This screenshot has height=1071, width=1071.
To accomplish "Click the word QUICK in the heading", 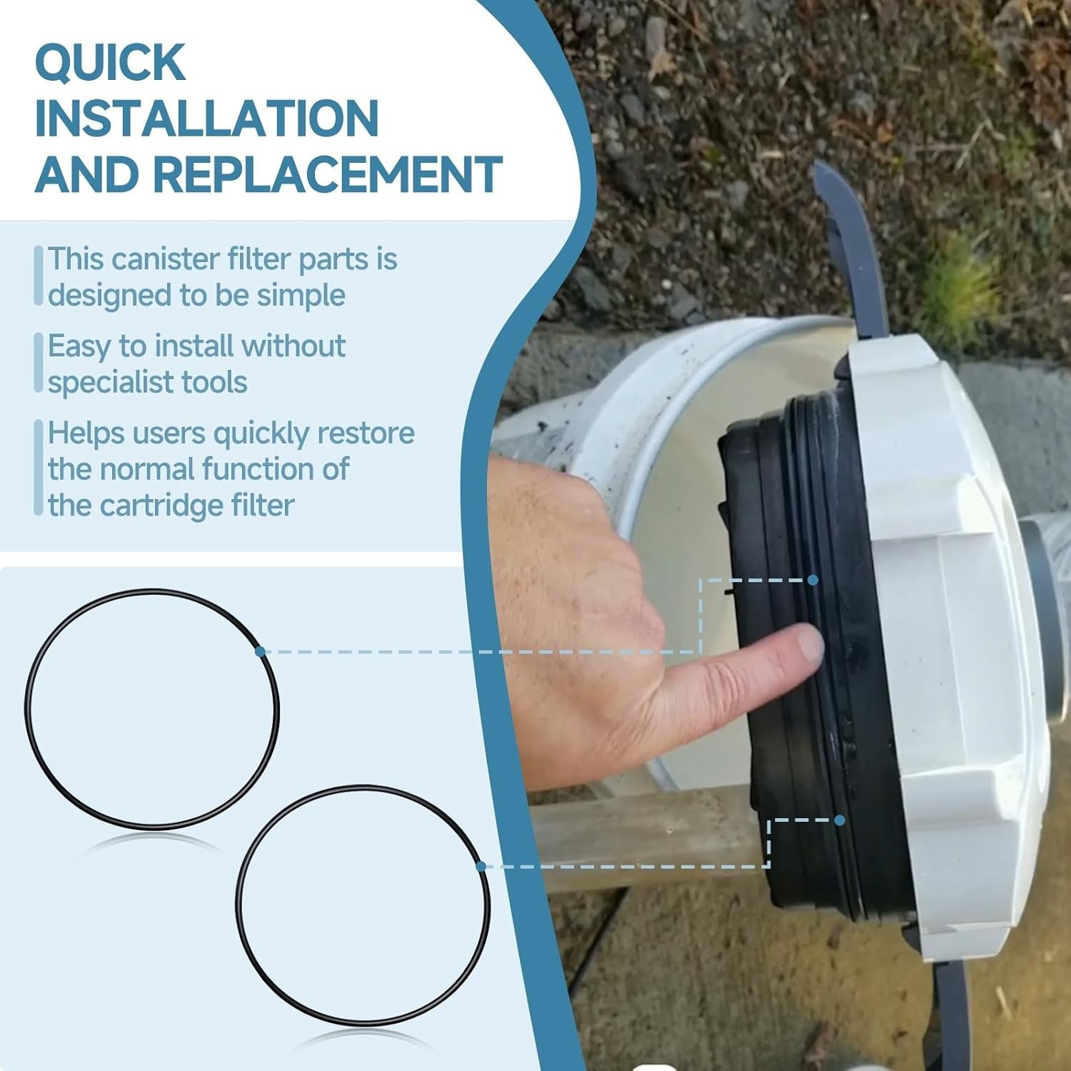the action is [111, 63].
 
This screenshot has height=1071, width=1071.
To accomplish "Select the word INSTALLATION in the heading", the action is [207, 119].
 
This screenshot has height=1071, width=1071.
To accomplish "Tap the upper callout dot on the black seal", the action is [813, 580].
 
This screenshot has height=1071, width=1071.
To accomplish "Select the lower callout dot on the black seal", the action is [840, 820].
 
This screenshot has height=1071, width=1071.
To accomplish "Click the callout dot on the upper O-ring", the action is [260, 651].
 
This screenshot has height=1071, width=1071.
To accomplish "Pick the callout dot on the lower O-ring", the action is [481, 866].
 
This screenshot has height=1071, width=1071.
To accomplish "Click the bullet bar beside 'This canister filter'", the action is [39, 276].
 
